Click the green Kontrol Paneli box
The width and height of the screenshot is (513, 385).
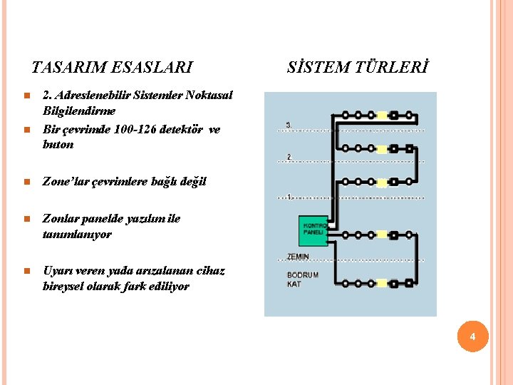point(313,230)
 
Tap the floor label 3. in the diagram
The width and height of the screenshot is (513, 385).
point(289,125)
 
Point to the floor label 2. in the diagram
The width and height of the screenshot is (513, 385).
point(289,156)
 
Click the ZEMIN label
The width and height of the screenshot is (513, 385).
point(298,257)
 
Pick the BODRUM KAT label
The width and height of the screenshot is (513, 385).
point(302,279)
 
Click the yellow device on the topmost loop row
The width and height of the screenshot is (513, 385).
point(382,114)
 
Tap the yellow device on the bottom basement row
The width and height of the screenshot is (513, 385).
point(382,283)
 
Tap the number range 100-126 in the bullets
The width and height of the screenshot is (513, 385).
point(140,129)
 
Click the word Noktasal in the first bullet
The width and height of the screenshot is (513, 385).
point(207,95)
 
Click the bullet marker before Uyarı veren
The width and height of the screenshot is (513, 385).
point(25,272)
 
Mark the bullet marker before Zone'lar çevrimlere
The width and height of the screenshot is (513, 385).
point(25,182)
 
